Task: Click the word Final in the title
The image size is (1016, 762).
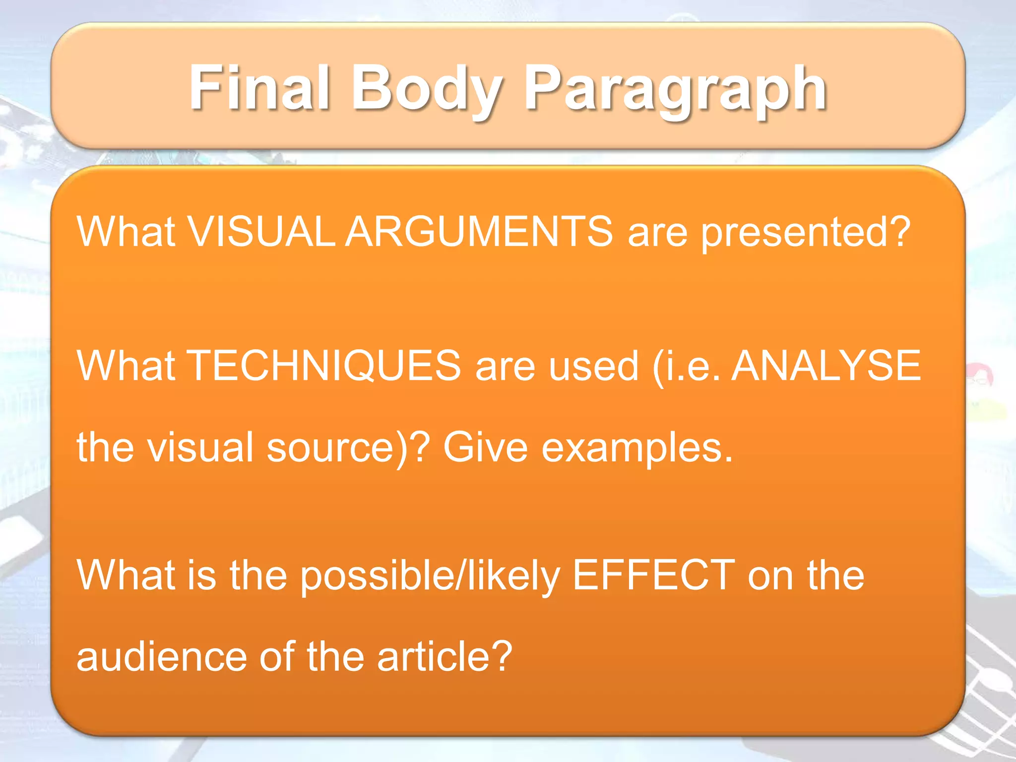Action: click(x=259, y=88)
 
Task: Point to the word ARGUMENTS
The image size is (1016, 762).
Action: click(x=479, y=232)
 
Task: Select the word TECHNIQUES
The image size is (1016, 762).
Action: click(x=325, y=366)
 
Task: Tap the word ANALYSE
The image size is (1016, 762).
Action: click(x=825, y=366)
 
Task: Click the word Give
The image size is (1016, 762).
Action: click(x=485, y=447)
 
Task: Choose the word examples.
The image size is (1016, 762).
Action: click(x=637, y=447)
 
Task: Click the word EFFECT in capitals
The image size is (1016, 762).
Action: click(x=653, y=575)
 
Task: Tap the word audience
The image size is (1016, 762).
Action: click(x=162, y=657)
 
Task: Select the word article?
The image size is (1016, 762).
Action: click(x=444, y=657)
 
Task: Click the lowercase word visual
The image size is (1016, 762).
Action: click(x=200, y=447)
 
